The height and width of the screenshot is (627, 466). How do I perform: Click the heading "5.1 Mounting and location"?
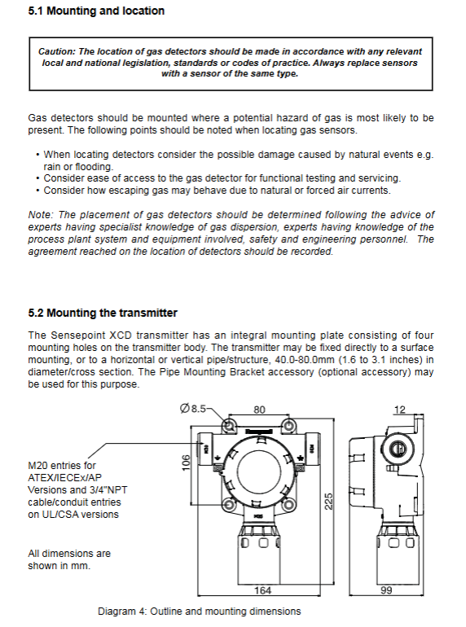pyautogui.click(x=96, y=11)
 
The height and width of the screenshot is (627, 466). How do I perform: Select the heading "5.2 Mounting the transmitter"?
pyautogui.click(x=103, y=313)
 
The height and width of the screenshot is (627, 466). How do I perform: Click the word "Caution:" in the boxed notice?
pyautogui.click(x=57, y=51)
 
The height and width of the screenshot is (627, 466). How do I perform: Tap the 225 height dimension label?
pyautogui.click(x=328, y=502)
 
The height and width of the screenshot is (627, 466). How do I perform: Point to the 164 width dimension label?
pyautogui.click(x=263, y=590)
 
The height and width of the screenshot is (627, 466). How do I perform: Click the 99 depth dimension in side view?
pyautogui.click(x=386, y=590)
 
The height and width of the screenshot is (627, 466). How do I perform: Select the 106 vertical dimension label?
pyautogui.click(x=186, y=463)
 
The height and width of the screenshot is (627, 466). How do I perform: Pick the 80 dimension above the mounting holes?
pyautogui.click(x=259, y=410)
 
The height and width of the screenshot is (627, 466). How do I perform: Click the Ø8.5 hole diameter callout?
pyautogui.click(x=193, y=408)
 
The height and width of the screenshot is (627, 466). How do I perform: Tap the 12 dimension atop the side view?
pyautogui.click(x=399, y=410)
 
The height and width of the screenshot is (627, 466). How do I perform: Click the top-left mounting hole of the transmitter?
pyautogui.click(x=230, y=426)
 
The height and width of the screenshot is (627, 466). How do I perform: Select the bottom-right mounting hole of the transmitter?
pyautogui.click(x=288, y=503)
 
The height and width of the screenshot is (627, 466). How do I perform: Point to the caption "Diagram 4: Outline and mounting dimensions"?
pyautogui.click(x=200, y=612)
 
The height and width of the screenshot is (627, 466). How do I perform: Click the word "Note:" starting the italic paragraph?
pyautogui.click(x=40, y=215)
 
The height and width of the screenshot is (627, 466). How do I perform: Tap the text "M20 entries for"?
pyautogui.click(x=62, y=466)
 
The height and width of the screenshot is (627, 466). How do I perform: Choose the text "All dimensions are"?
pyautogui.click(x=69, y=554)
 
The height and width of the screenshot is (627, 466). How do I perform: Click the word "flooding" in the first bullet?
pyautogui.click(x=94, y=167)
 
